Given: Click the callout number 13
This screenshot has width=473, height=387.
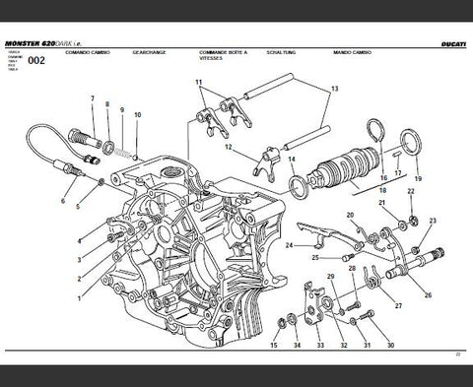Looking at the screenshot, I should point(334,89).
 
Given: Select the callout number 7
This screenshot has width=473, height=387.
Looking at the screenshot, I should point(93,99).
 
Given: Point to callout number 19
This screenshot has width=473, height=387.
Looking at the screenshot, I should point(418,179).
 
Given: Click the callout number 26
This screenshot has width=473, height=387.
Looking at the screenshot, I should point(427,295).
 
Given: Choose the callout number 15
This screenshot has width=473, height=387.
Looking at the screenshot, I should point(273,346).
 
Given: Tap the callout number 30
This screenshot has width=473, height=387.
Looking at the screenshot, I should point(390,346).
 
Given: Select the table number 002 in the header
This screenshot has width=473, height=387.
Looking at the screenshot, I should point(36,61).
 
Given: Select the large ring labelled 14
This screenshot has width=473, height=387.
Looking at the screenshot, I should point(297,184).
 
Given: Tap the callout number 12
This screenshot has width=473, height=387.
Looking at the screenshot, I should point(228,149).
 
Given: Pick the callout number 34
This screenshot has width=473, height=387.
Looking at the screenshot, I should point(297,346).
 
